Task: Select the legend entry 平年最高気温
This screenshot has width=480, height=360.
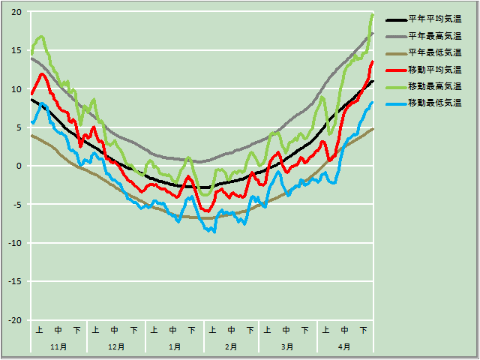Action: coord(434,36)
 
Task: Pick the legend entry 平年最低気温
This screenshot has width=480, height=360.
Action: coord(434,52)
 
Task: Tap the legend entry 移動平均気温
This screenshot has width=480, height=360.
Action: coord(434,69)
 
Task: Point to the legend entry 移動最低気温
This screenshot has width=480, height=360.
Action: coord(434,102)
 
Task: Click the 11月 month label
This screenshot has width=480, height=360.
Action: coord(58,347)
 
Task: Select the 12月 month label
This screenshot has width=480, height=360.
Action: coord(116,347)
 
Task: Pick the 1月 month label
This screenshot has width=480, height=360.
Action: coord(174,347)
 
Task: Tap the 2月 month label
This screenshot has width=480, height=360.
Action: coord(230,347)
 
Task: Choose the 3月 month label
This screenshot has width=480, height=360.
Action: coord(287,347)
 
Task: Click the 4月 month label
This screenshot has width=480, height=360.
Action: coord(344,347)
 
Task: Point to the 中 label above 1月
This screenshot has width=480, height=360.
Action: coord(173,330)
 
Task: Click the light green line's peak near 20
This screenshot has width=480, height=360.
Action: coord(372,14)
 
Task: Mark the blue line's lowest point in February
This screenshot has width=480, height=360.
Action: coord(214,232)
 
